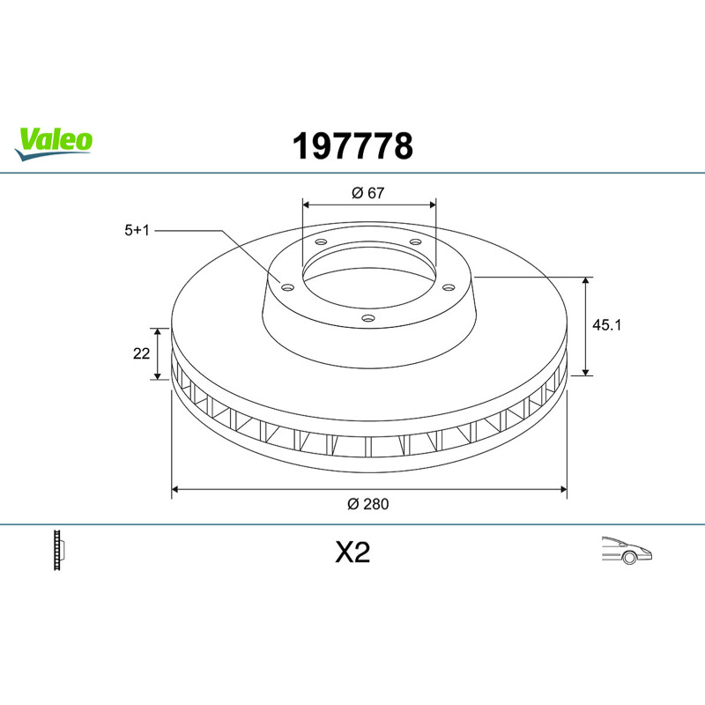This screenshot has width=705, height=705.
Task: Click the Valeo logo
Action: pos(54,144)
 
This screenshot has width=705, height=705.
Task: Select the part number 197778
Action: pos(352,146)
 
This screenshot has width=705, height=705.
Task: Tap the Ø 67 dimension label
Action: pos(367,193)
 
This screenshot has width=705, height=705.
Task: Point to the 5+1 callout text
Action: pos(137,230)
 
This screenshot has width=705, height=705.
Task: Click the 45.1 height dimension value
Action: pos(606,324)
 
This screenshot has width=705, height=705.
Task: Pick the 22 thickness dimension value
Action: pos(141,353)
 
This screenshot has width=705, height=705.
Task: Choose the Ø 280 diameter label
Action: pos(367,504)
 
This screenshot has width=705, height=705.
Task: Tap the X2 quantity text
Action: pos(352,553)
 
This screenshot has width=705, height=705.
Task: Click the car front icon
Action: pos(627,550)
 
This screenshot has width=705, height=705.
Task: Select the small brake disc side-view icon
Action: pos(59,550)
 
